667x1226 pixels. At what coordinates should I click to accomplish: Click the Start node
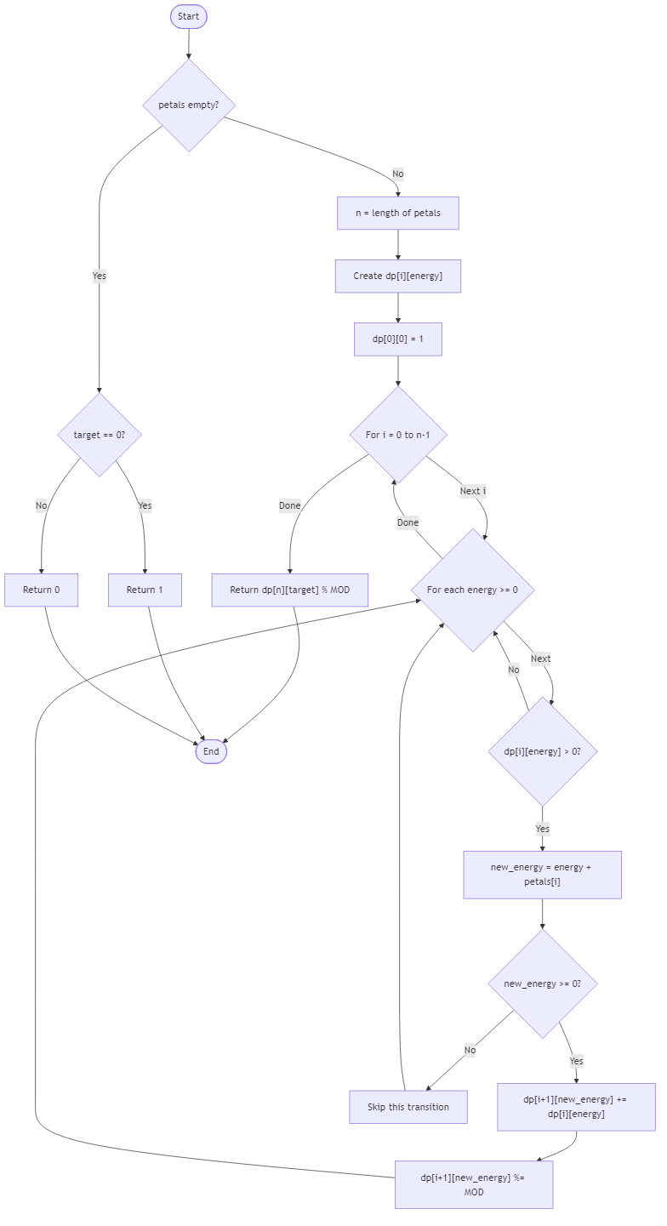click(x=188, y=17)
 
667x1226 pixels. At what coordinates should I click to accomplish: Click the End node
click(x=211, y=751)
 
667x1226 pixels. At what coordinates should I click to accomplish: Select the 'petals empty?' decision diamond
click(x=188, y=105)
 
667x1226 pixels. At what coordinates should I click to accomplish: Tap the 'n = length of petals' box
click(x=397, y=213)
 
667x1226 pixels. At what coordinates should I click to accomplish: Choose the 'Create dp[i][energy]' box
click(x=397, y=276)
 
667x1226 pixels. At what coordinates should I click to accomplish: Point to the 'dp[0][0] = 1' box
click(x=397, y=339)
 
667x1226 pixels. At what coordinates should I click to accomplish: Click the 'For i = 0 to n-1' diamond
click(x=397, y=435)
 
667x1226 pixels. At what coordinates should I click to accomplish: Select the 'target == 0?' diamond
click(x=99, y=435)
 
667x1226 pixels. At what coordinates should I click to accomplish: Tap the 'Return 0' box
click(x=41, y=590)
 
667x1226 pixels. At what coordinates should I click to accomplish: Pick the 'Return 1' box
click(x=145, y=590)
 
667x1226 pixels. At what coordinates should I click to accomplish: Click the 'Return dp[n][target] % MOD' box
click(x=289, y=590)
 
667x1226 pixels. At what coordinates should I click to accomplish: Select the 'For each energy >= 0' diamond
click(x=472, y=590)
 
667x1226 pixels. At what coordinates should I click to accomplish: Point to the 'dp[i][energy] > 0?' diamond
click(x=542, y=751)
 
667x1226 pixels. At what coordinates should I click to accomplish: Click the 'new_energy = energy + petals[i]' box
click(x=542, y=875)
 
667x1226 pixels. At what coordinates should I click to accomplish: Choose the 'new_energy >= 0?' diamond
click(x=542, y=984)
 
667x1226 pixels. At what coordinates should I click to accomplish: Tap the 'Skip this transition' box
click(x=408, y=1107)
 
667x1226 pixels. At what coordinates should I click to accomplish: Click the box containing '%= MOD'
click(x=474, y=1184)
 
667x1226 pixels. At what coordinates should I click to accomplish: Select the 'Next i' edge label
click(x=472, y=491)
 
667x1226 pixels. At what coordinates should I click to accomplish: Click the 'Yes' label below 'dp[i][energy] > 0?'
click(x=542, y=829)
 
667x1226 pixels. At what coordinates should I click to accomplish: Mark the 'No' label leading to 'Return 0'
click(x=41, y=506)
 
